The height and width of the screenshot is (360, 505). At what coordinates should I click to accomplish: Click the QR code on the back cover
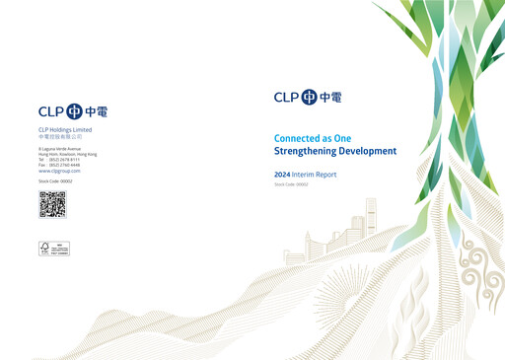[52, 204]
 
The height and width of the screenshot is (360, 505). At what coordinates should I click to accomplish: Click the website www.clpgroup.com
[58, 171]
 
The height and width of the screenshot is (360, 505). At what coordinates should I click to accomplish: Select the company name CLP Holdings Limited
[65, 129]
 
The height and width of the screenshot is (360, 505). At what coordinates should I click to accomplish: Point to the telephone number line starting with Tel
[61, 160]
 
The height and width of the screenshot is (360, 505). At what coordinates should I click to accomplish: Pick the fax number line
[61, 165]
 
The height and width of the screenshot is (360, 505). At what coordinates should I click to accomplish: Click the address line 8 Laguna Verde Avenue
[62, 149]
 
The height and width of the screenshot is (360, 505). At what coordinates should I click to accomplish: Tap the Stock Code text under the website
[55, 181]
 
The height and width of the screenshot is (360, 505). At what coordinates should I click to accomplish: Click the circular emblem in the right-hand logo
[310, 97]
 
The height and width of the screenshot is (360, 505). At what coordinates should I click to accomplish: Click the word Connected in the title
[300, 137]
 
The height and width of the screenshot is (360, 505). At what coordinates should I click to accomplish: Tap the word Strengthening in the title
[306, 152]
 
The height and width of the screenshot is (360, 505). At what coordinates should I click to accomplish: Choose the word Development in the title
[368, 152]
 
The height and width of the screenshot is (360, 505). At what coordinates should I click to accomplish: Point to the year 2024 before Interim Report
[282, 175]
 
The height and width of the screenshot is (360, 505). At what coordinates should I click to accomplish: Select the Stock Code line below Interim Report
[291, 184]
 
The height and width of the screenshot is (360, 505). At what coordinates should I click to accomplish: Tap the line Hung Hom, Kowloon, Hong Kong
[67, 154]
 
